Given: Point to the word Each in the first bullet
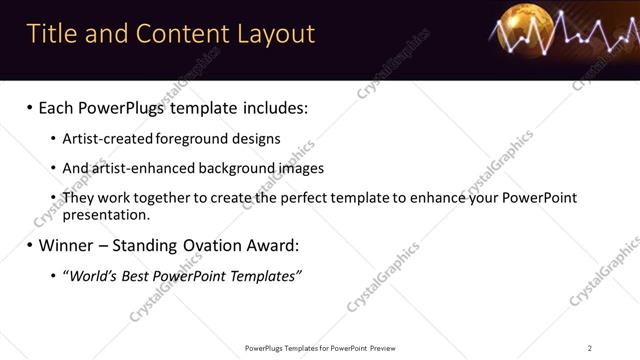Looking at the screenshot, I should [59, 107].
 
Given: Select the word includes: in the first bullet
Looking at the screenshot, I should [271, 107].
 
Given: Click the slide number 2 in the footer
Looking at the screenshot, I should [590, 348].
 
